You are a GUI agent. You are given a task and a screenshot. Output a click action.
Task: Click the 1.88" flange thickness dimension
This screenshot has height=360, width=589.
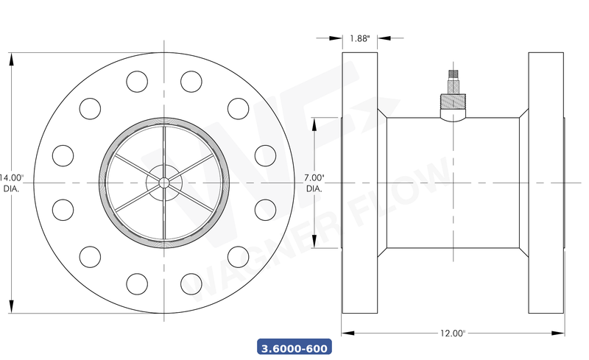click(359, 38)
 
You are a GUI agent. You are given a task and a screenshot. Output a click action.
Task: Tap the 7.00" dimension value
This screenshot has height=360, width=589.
click(314, 177)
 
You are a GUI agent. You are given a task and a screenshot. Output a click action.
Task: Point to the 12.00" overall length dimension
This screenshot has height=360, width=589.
click(452, 333)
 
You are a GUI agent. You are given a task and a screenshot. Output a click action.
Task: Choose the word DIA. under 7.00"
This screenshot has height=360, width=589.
click(314, 188)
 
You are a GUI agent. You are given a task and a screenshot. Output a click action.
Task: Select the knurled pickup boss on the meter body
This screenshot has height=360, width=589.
click(451, 100)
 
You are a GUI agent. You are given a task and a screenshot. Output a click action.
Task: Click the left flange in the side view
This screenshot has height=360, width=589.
click(360, 183)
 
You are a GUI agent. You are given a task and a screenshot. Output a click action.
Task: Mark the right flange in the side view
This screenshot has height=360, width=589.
click(545, 183)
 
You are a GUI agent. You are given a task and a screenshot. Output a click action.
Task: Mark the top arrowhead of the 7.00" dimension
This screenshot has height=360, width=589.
click(315, 122)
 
